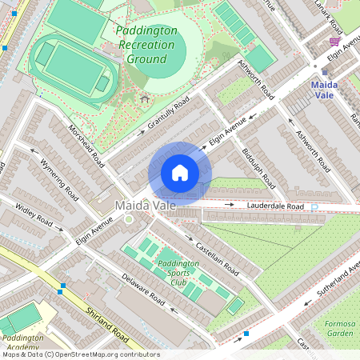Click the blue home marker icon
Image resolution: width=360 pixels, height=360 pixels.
(x=180, y=173)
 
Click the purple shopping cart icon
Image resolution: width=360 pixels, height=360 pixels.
(x=334, y=42)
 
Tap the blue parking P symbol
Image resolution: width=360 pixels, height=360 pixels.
(x=314, y=206)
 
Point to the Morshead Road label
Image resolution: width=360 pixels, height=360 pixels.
(x=86, y=145)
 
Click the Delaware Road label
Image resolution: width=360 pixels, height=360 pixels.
(x=143, y=290)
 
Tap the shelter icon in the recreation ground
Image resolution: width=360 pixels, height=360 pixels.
(x=145, y=98)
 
